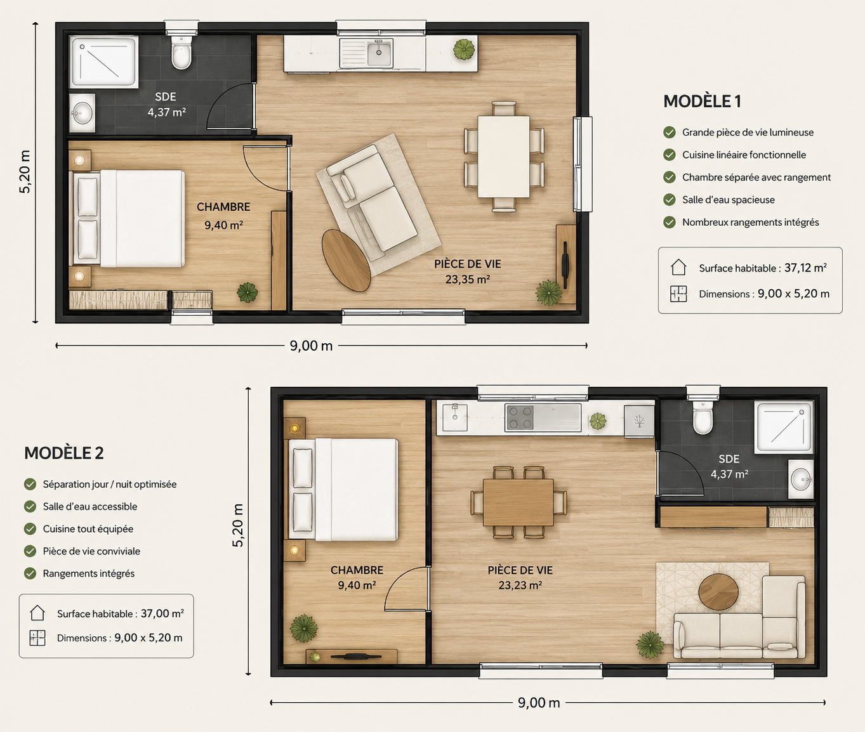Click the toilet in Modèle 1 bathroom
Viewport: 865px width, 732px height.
point(182,52)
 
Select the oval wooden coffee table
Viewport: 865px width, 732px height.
point(346,260)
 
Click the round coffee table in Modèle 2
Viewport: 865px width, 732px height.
point(718,591)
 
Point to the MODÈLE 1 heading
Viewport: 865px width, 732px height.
point(702,101)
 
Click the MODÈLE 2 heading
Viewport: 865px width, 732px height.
point(64,453)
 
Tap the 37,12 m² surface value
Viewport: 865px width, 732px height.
point(805,268)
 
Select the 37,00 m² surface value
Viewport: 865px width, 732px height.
point(162,613)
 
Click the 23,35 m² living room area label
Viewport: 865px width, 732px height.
point(468,279)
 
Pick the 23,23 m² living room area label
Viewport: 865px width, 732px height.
point(520,585)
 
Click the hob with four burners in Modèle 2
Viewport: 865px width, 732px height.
point(519,417)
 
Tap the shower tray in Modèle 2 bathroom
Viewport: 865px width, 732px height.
point(784,427)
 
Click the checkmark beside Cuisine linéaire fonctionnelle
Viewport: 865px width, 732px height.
point(670,155)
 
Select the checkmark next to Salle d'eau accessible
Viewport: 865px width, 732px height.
point(30,507)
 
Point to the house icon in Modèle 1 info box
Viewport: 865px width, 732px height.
point(678,267)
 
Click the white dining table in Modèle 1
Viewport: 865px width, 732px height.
point(504,157)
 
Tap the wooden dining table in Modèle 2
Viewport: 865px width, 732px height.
point(518,502)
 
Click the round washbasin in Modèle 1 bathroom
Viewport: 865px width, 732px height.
point(83,114)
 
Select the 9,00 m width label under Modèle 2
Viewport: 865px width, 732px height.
point(539,703)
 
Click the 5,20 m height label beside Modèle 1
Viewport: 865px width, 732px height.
point(25,171)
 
